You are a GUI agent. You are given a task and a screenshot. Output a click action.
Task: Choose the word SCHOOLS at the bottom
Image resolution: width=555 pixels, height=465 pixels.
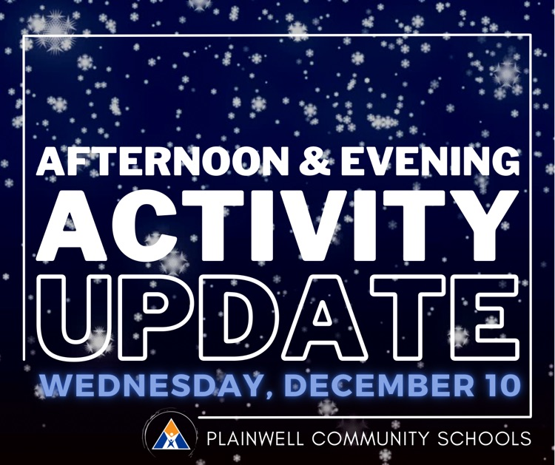point(490,438)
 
